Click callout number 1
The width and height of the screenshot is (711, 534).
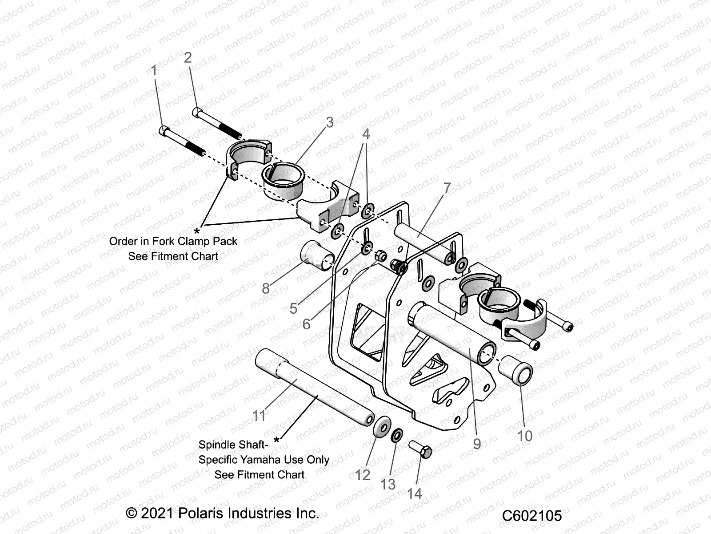coord(154,70)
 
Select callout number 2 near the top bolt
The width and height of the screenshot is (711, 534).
coord(188,57)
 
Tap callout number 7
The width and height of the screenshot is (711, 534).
coord(447,188)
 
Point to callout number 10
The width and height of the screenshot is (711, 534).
coord(525,435)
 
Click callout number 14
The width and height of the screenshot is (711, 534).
coord(415,493)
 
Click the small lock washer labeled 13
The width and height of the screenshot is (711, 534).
coord(397,435)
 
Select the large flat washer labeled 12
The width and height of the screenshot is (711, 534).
coord(381,428)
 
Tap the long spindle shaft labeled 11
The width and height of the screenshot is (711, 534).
coord(311,389)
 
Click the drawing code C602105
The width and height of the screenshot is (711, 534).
coord(532,515)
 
